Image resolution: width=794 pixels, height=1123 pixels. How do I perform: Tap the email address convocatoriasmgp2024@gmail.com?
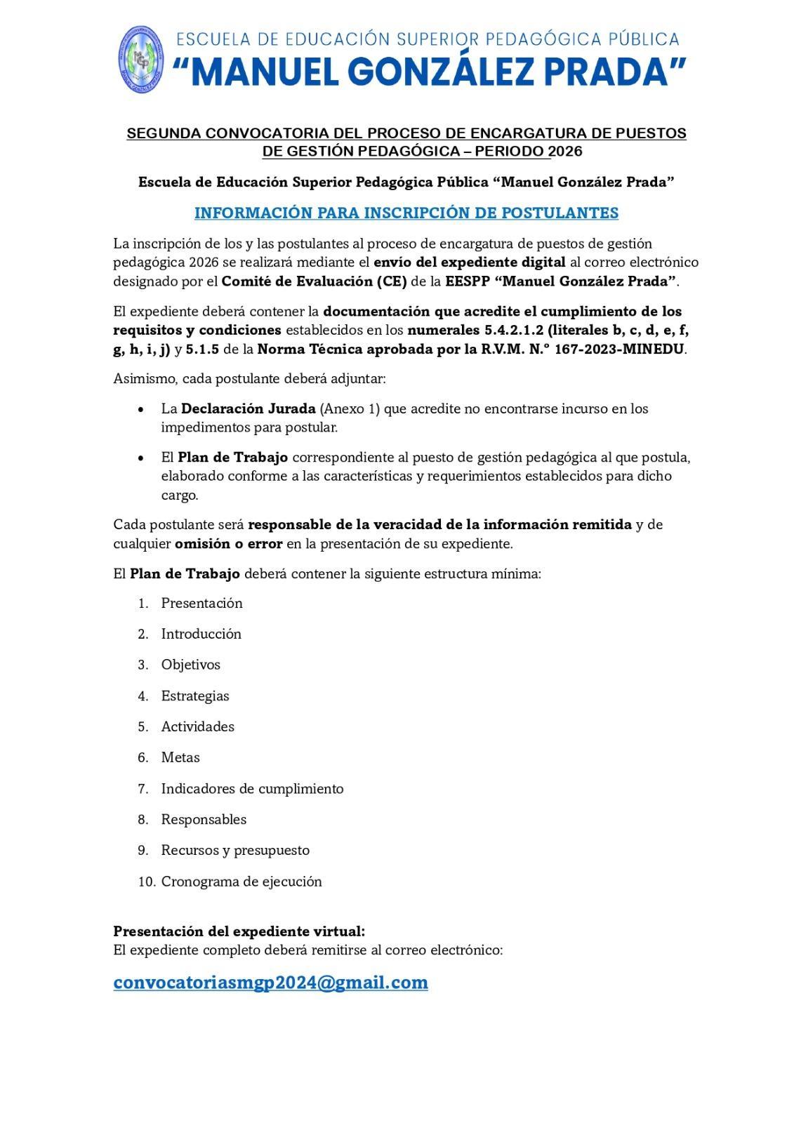tap(270, 982)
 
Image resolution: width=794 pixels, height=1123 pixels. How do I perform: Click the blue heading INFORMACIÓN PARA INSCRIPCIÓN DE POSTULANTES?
tap(406, 213)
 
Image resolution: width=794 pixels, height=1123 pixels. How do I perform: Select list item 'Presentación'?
tap(201, 603)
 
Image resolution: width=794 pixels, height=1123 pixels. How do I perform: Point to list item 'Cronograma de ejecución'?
tap(241, 881)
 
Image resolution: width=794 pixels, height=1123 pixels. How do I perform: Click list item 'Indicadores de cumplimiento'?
tap(252, 788)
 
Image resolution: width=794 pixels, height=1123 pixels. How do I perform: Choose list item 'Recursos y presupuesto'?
tap(235, 850)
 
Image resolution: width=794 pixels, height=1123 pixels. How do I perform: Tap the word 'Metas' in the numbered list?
tap(180, 757)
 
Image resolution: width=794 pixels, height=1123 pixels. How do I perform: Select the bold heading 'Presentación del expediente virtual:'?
tap(239, 931)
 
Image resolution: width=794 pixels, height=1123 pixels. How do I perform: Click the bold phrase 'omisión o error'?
tap(228, 543)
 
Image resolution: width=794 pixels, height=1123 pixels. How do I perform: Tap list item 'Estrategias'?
tap(195, 696)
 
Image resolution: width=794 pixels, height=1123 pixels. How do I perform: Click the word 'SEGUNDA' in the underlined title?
tap(162, 133)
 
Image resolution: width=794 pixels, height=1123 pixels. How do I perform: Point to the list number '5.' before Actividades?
tap(143, 726)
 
